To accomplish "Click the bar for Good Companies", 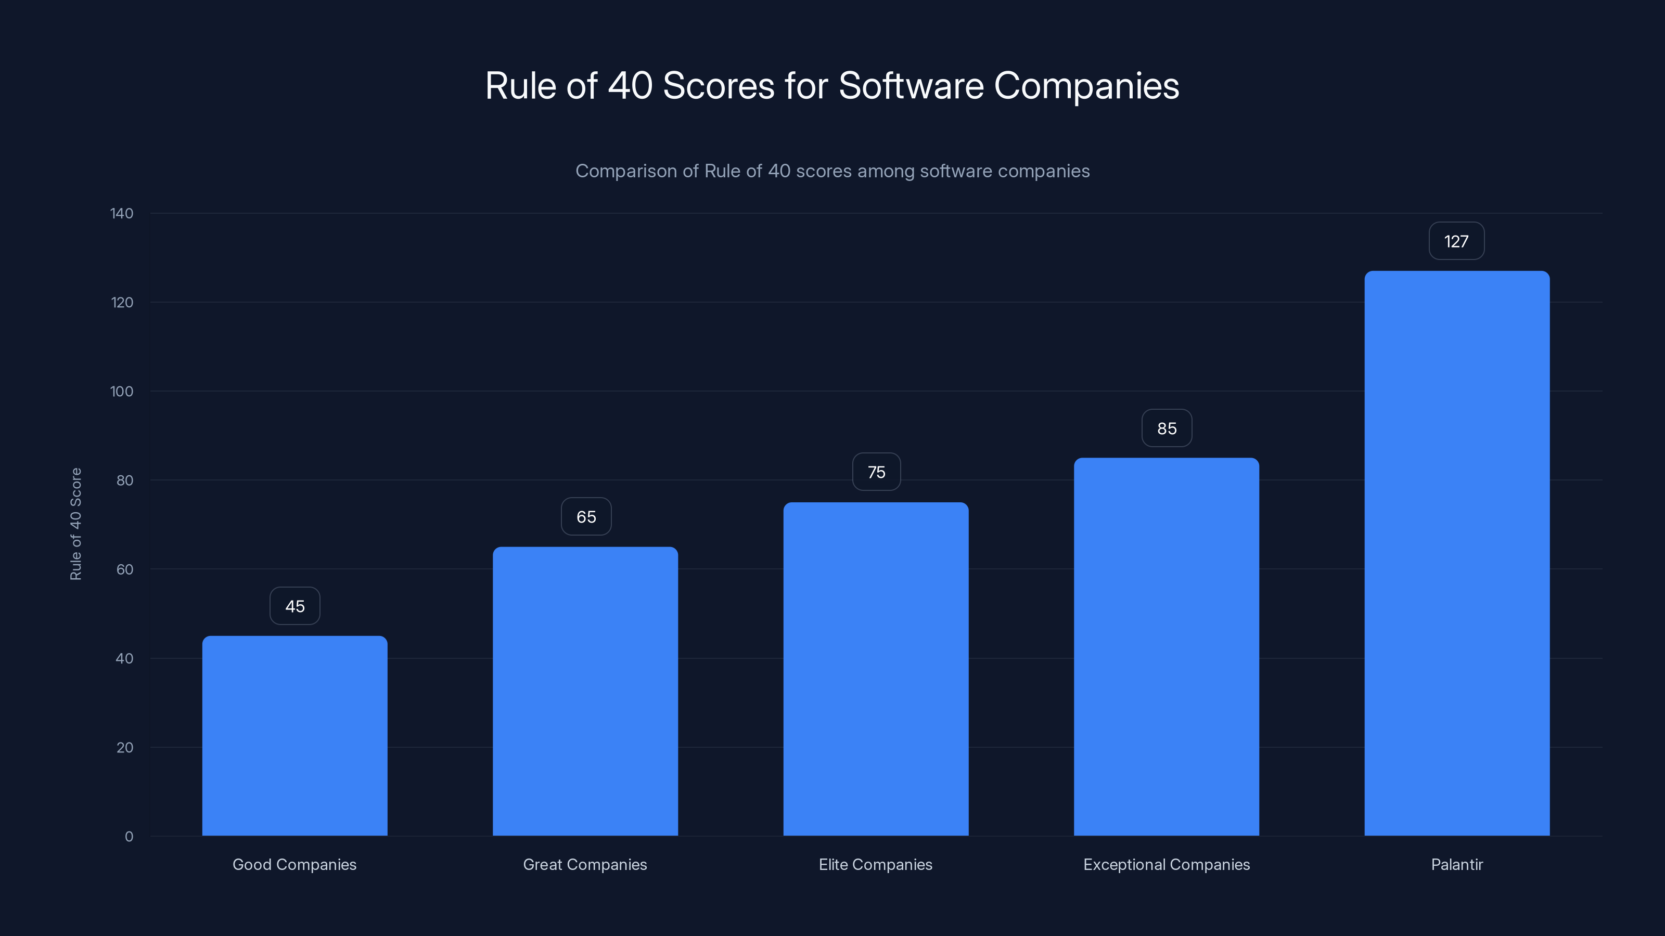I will coord(294,736).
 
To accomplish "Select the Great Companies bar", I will coord(585,691).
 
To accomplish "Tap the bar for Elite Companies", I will coord(876,669).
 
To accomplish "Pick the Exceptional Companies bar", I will coord(1166,646).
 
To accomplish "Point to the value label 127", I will coord(1456,242).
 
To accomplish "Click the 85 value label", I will coord(1167,428).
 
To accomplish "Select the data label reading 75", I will coord(876,472).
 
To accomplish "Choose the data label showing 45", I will coord(294,606).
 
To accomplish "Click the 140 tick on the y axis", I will coord(122,214).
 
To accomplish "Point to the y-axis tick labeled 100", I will coord(122,392).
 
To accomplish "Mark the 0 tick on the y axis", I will coord(129,837).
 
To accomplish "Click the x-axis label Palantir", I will coord(1457,864).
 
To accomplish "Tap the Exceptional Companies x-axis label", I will coord(1166,864).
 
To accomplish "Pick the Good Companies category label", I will coord(294,864).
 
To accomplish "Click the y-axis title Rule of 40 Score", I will coord(75,524).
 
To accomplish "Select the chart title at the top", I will coord(832,86).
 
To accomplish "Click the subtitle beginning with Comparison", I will coord(832,171).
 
